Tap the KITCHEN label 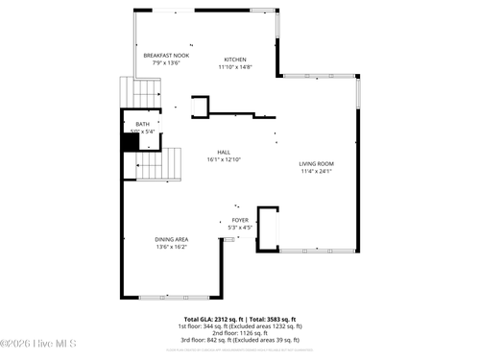point(235,60)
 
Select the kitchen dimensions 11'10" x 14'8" point(235,67)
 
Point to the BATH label point(142,124)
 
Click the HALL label point(224,152)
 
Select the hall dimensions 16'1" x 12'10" point(224,159)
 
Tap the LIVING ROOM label point(316,164)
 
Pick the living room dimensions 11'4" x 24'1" point(316,172)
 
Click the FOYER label point(240,220)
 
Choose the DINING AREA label point(171,239)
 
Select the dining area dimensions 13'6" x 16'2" point(171,247)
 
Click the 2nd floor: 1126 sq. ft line point(240,332)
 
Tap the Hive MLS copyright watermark point(38,344)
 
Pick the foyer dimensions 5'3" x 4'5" point(240,228)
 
